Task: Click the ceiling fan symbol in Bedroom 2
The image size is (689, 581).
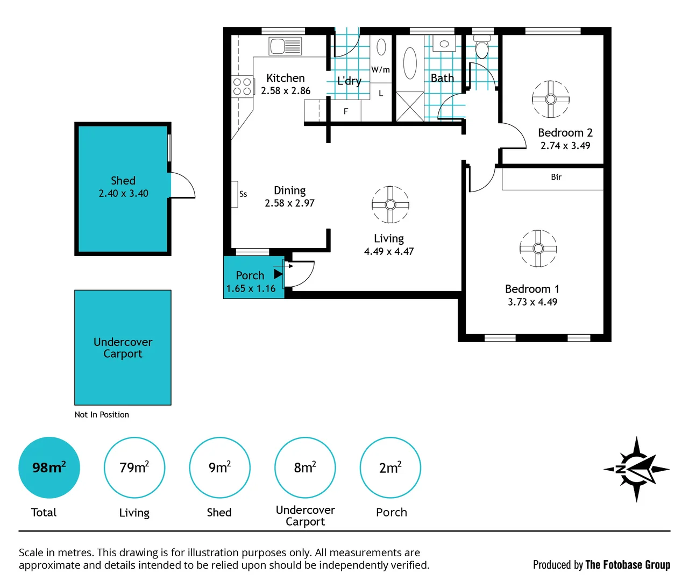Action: [550, 99]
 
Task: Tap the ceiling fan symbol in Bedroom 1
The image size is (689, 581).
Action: [538, 248]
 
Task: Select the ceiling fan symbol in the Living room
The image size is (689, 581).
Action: [390, 204]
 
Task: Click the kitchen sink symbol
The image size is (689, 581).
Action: [285, 46]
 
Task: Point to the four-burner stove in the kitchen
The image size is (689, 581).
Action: [243, 87]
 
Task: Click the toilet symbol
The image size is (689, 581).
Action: [481, 47]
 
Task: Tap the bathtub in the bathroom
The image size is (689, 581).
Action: [410, 63]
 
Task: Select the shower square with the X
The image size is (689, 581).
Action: [410, 107]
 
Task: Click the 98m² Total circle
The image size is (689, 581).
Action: [49, 467]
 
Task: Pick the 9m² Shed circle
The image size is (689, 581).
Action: [219, 467]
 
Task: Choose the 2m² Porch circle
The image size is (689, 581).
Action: [390, 467]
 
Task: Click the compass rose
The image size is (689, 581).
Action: [636, 469]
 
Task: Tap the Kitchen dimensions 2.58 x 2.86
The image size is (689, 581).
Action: [286, 91]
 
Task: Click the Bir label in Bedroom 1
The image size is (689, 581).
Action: [556, 177]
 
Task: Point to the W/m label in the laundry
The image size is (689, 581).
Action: [380, 69]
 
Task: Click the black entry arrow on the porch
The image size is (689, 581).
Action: [278, 274]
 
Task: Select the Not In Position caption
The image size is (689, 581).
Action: [102, 415]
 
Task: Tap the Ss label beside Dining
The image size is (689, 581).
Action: [243, 194]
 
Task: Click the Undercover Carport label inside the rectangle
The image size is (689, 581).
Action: [123, 348]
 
